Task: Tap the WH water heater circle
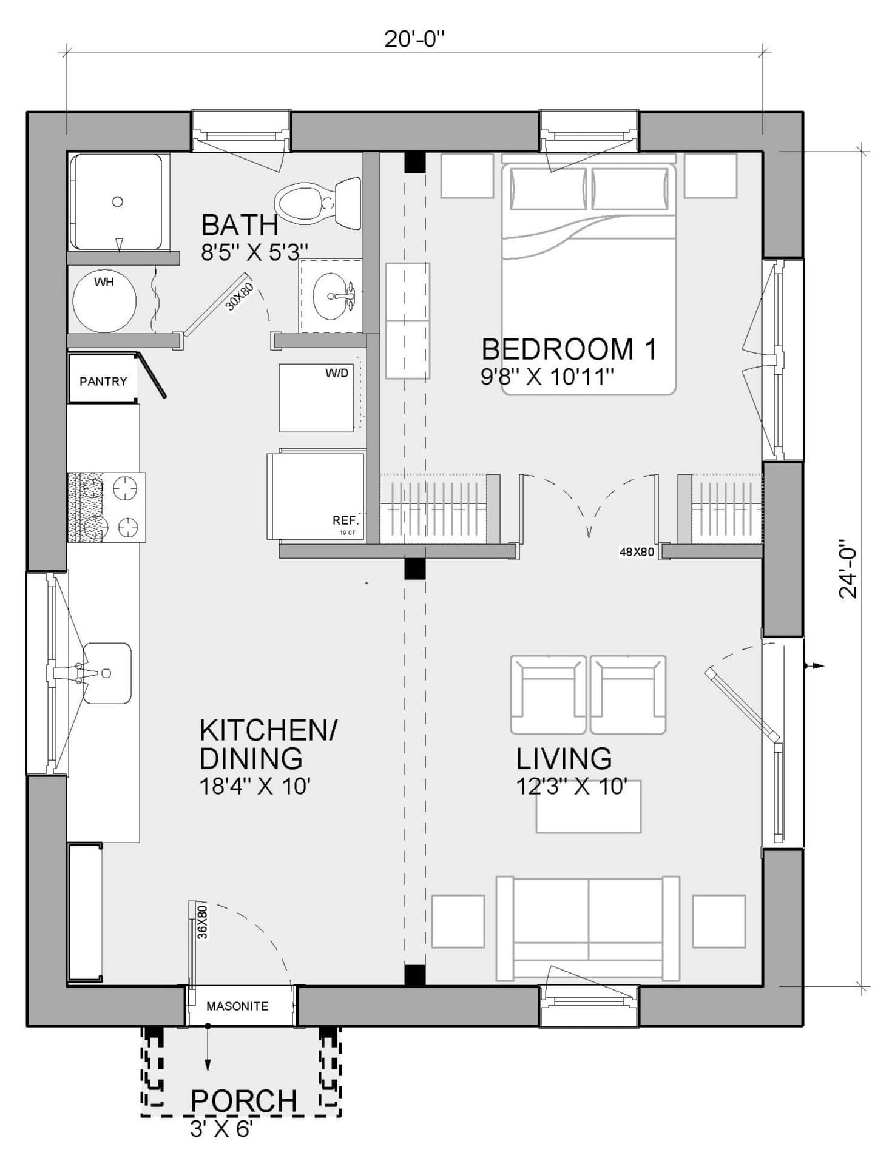[104, 303]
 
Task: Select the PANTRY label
[103, 382]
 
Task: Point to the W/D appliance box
[316, 397]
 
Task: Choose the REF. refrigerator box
[316, 496]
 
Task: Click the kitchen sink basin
[107, 673]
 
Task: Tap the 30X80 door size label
[239, 297]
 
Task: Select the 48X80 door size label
[637, 552]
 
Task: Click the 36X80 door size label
[203, 921]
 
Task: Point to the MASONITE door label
[237, 1006]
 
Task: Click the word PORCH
[243, 1101]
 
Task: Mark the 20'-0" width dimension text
[414, 39]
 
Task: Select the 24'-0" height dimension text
[848, 569]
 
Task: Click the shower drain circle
[118, 201]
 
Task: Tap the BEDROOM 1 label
[569, 349]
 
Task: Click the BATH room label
[239, 226]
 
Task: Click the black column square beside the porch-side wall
[414, 975]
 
